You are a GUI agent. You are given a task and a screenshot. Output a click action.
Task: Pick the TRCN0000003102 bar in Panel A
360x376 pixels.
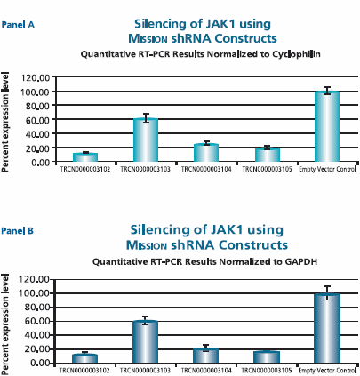(85, 157)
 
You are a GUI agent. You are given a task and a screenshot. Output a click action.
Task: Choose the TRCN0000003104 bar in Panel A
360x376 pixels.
(206, 153)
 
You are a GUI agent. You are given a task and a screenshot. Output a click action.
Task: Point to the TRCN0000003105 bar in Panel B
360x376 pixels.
(267, 356)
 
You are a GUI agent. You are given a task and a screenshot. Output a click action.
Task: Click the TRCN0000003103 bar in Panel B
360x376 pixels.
(146, 341)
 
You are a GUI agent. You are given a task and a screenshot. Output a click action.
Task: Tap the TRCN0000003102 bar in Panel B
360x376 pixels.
(85, 357)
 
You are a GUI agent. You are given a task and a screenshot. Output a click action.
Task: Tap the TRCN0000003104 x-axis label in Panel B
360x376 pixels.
(206, 370)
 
